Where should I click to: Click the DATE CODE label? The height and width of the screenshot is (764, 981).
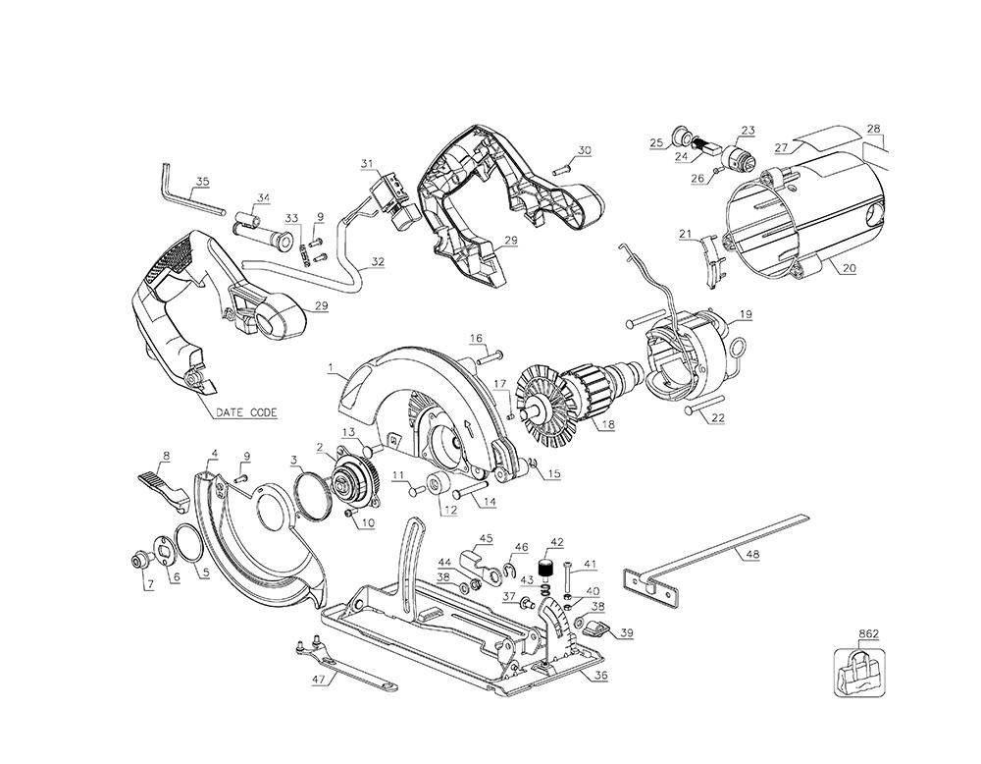(x=246, y=412)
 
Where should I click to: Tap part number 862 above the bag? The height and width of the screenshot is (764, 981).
(x=868, y=634)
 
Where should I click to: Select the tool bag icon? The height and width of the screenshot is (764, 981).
(x=861, y=674)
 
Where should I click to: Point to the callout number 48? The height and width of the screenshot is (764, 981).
(x=752, y=555)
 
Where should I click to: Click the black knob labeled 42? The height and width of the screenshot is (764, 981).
(x=548, y=570)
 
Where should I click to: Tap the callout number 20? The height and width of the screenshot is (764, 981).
(x=849, y=268)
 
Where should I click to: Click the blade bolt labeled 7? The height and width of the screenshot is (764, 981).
(x=137, y=560)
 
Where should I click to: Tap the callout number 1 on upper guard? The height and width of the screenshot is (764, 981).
(x=330, y=369)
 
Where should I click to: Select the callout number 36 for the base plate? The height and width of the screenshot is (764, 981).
(x=600, y=677)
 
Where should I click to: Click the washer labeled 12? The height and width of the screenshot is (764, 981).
(x=437, y=483)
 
